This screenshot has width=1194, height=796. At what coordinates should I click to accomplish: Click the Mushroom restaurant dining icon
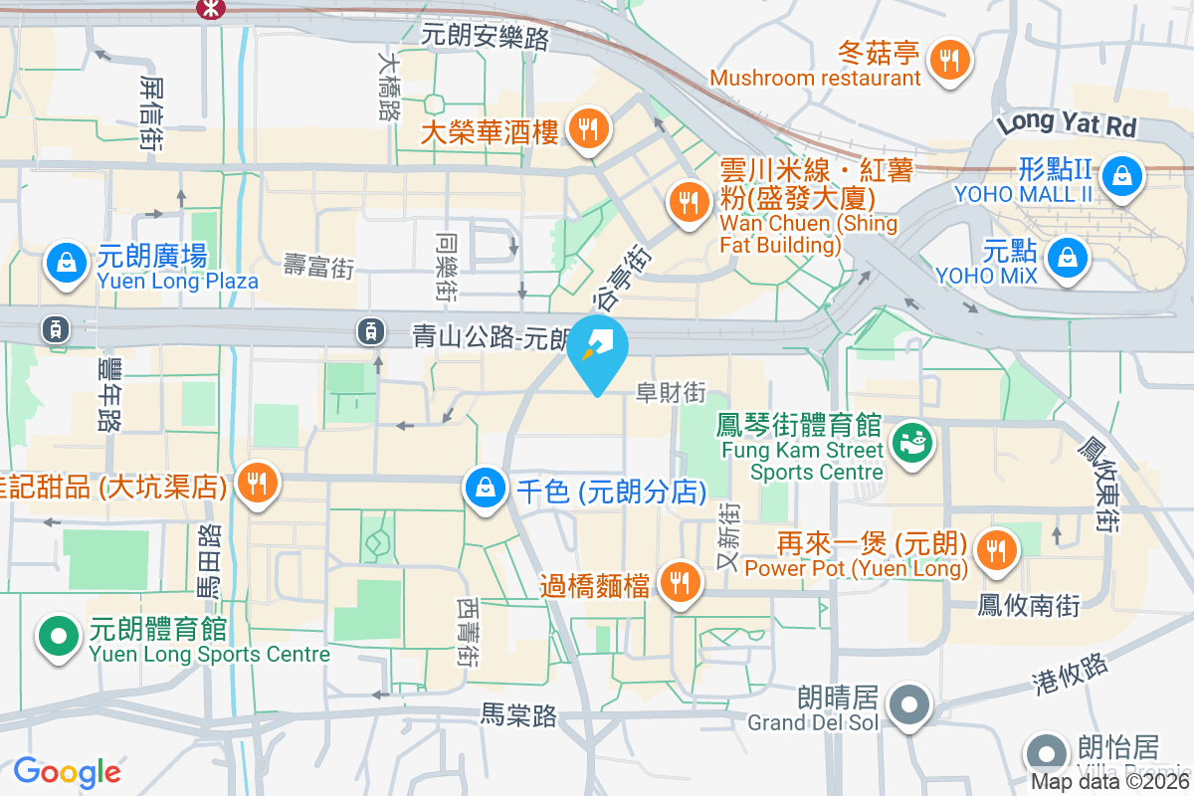point(951,60)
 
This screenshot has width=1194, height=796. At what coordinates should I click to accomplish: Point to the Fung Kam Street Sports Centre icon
point(910,440)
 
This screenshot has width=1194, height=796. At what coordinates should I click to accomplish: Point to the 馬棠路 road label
point(518,714)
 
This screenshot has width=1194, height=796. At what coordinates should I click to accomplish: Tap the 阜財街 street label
point(671,394)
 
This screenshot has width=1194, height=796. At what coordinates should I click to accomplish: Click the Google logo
point(68,772)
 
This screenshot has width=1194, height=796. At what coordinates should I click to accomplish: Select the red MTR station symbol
point(211,9)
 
